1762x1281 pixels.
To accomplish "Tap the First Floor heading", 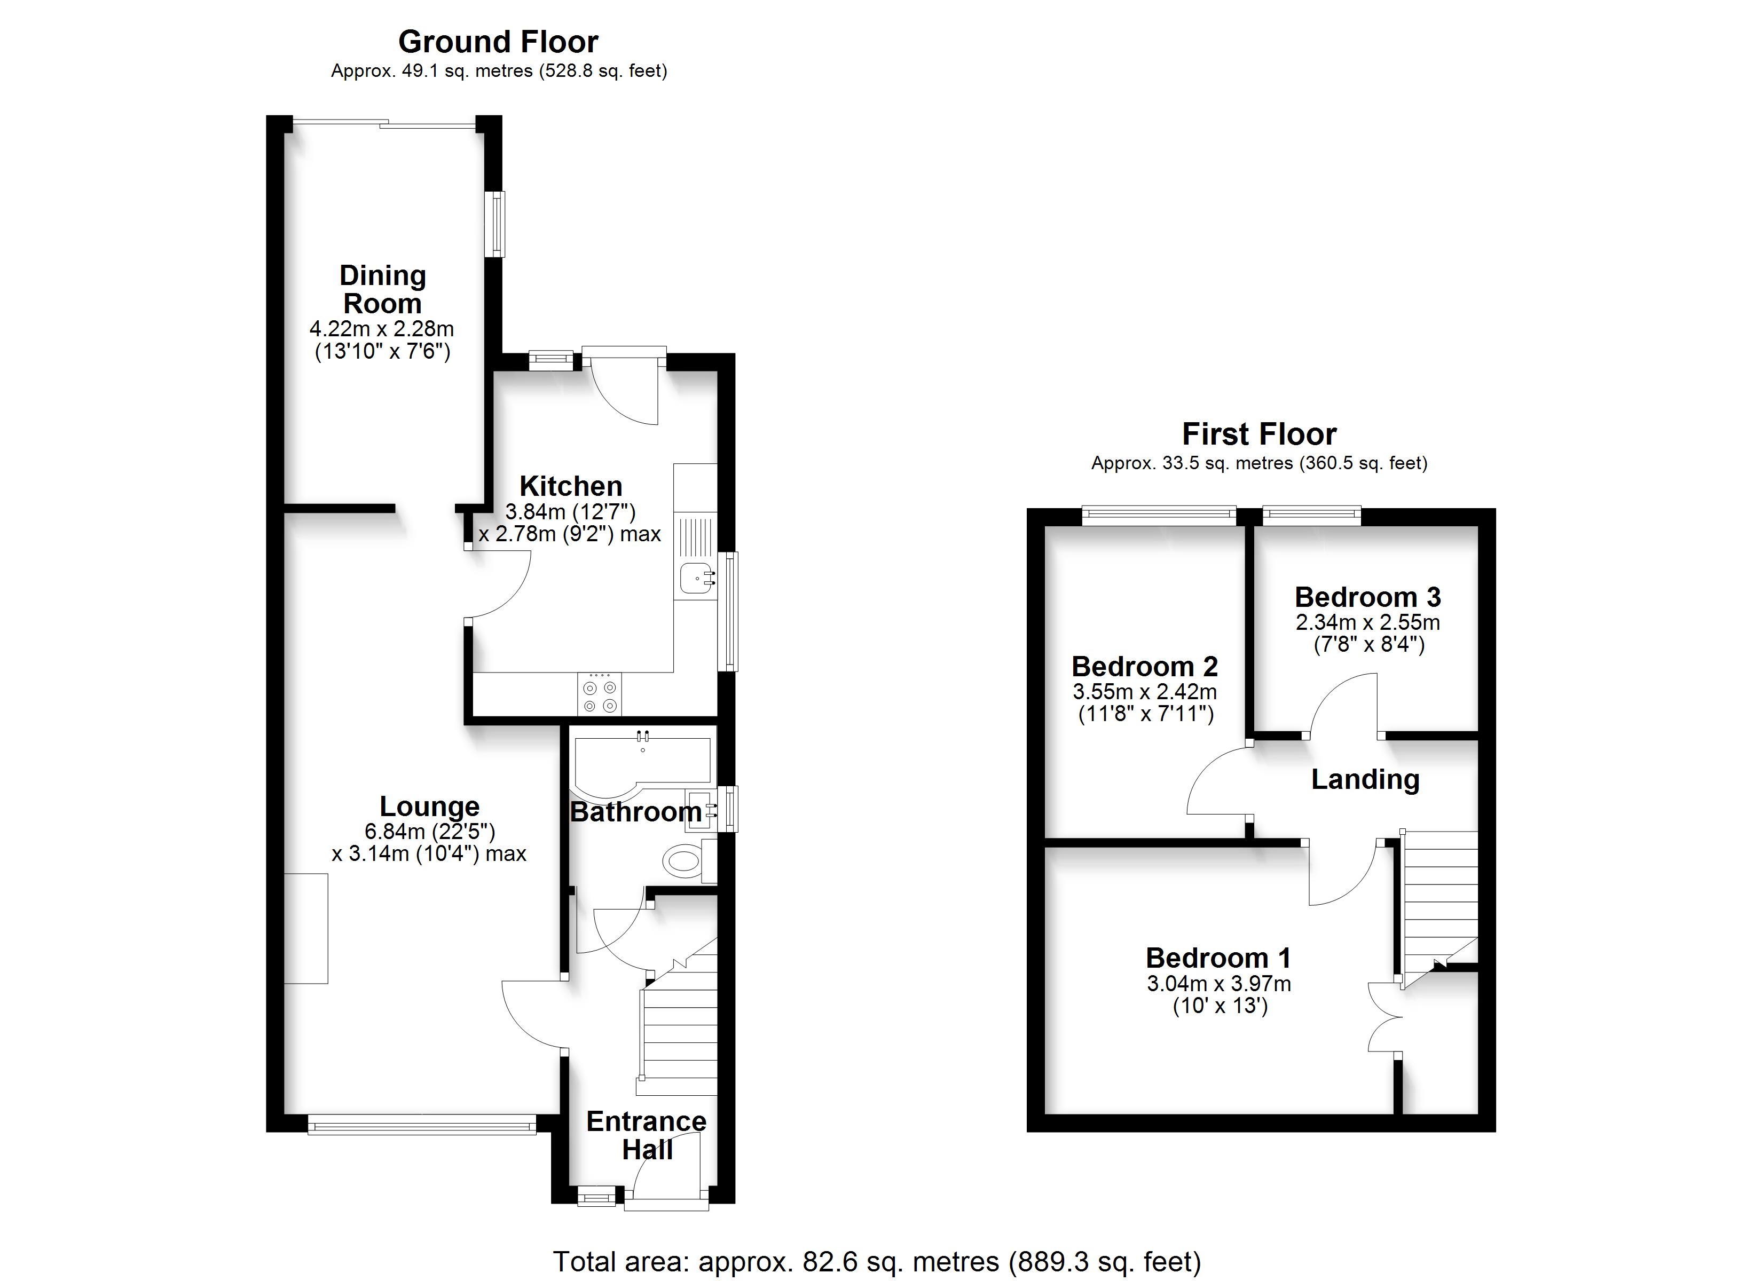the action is pyautogui.click(x=1260, y=433).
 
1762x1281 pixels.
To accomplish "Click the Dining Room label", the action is pyautogui.click(x=382, y=289).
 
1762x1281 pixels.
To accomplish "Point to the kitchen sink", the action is pyautogui.click(x=697, y=579).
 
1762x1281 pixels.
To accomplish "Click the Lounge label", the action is pyautogui.click(x=430, y=806).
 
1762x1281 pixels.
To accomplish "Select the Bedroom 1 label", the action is pyautogui.click(x=1218, y=958).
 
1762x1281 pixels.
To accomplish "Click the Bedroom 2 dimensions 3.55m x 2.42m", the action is pyautogui.click(x=1145, y=691).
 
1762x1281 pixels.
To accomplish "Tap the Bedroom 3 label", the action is pyautogui.click(x=1367, y=597).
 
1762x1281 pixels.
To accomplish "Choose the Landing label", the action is pyautogui.click(x=1365, y=779).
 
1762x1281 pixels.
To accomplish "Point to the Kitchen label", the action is pyautogui.click(x=571, y=486).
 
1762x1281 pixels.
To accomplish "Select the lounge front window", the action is pyautogui.click(x=422, y=1124).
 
